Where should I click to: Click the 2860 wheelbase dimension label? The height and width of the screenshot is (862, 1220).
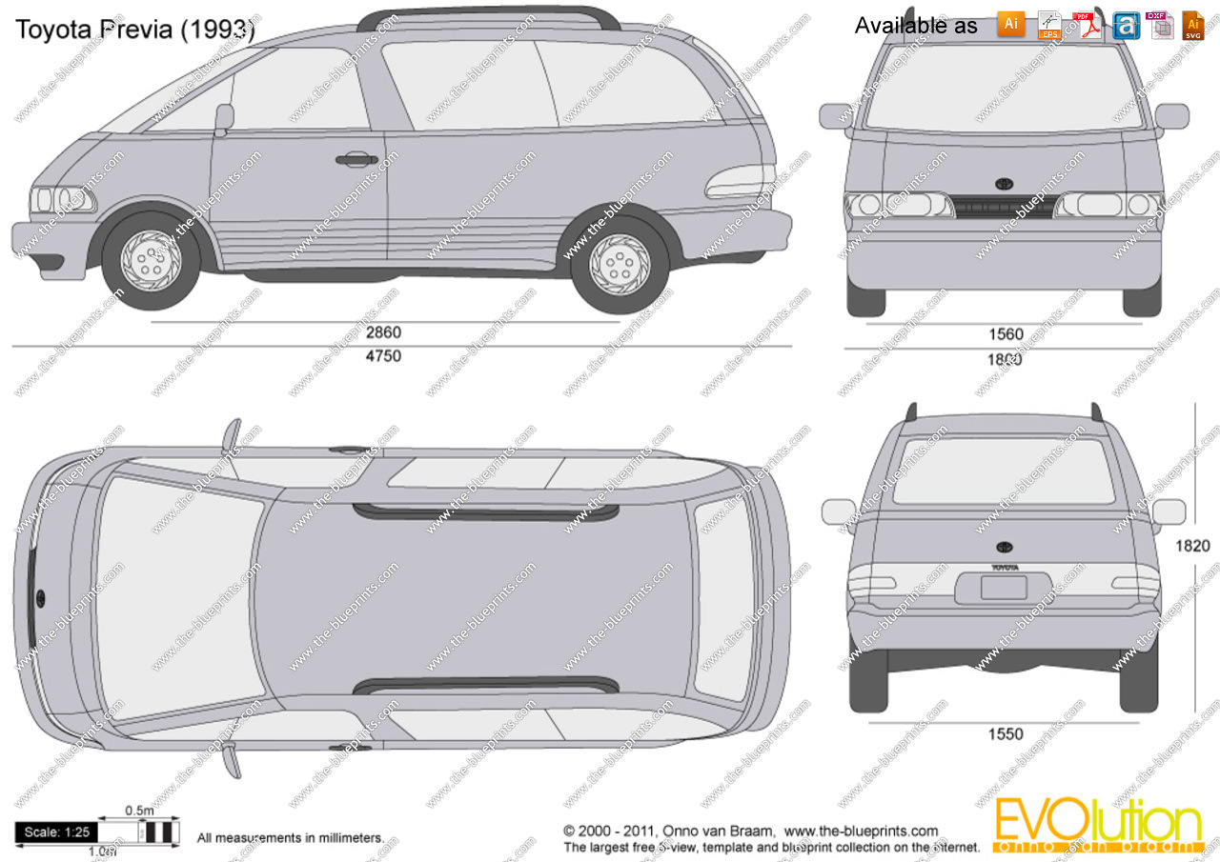click(x=384, y=333)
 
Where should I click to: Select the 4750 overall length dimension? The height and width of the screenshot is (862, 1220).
click(x=384, y=356)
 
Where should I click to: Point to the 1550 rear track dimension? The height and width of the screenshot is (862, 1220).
click(x=1006, y=733)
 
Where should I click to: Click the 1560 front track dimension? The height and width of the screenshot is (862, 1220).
click(x=1006, y=334)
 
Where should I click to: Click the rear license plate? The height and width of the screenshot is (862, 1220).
click(x=1004, y=587)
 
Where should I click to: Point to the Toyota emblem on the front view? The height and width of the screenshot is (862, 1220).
click(x=1004, y=184)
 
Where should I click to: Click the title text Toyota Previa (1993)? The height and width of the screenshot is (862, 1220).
click(x=134, y=29)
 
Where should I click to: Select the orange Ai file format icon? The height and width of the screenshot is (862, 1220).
click(x=1011, y=24)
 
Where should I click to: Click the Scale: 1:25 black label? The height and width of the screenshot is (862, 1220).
click(x=56, y=832)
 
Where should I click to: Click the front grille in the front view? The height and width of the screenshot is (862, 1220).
click(x=1004, y=207)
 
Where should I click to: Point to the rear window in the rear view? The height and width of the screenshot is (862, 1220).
click(x=1003, y=471)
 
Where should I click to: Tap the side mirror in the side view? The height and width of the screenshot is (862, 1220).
click(x=224, y=118)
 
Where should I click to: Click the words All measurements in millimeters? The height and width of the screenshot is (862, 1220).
click(x=291, y=838)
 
